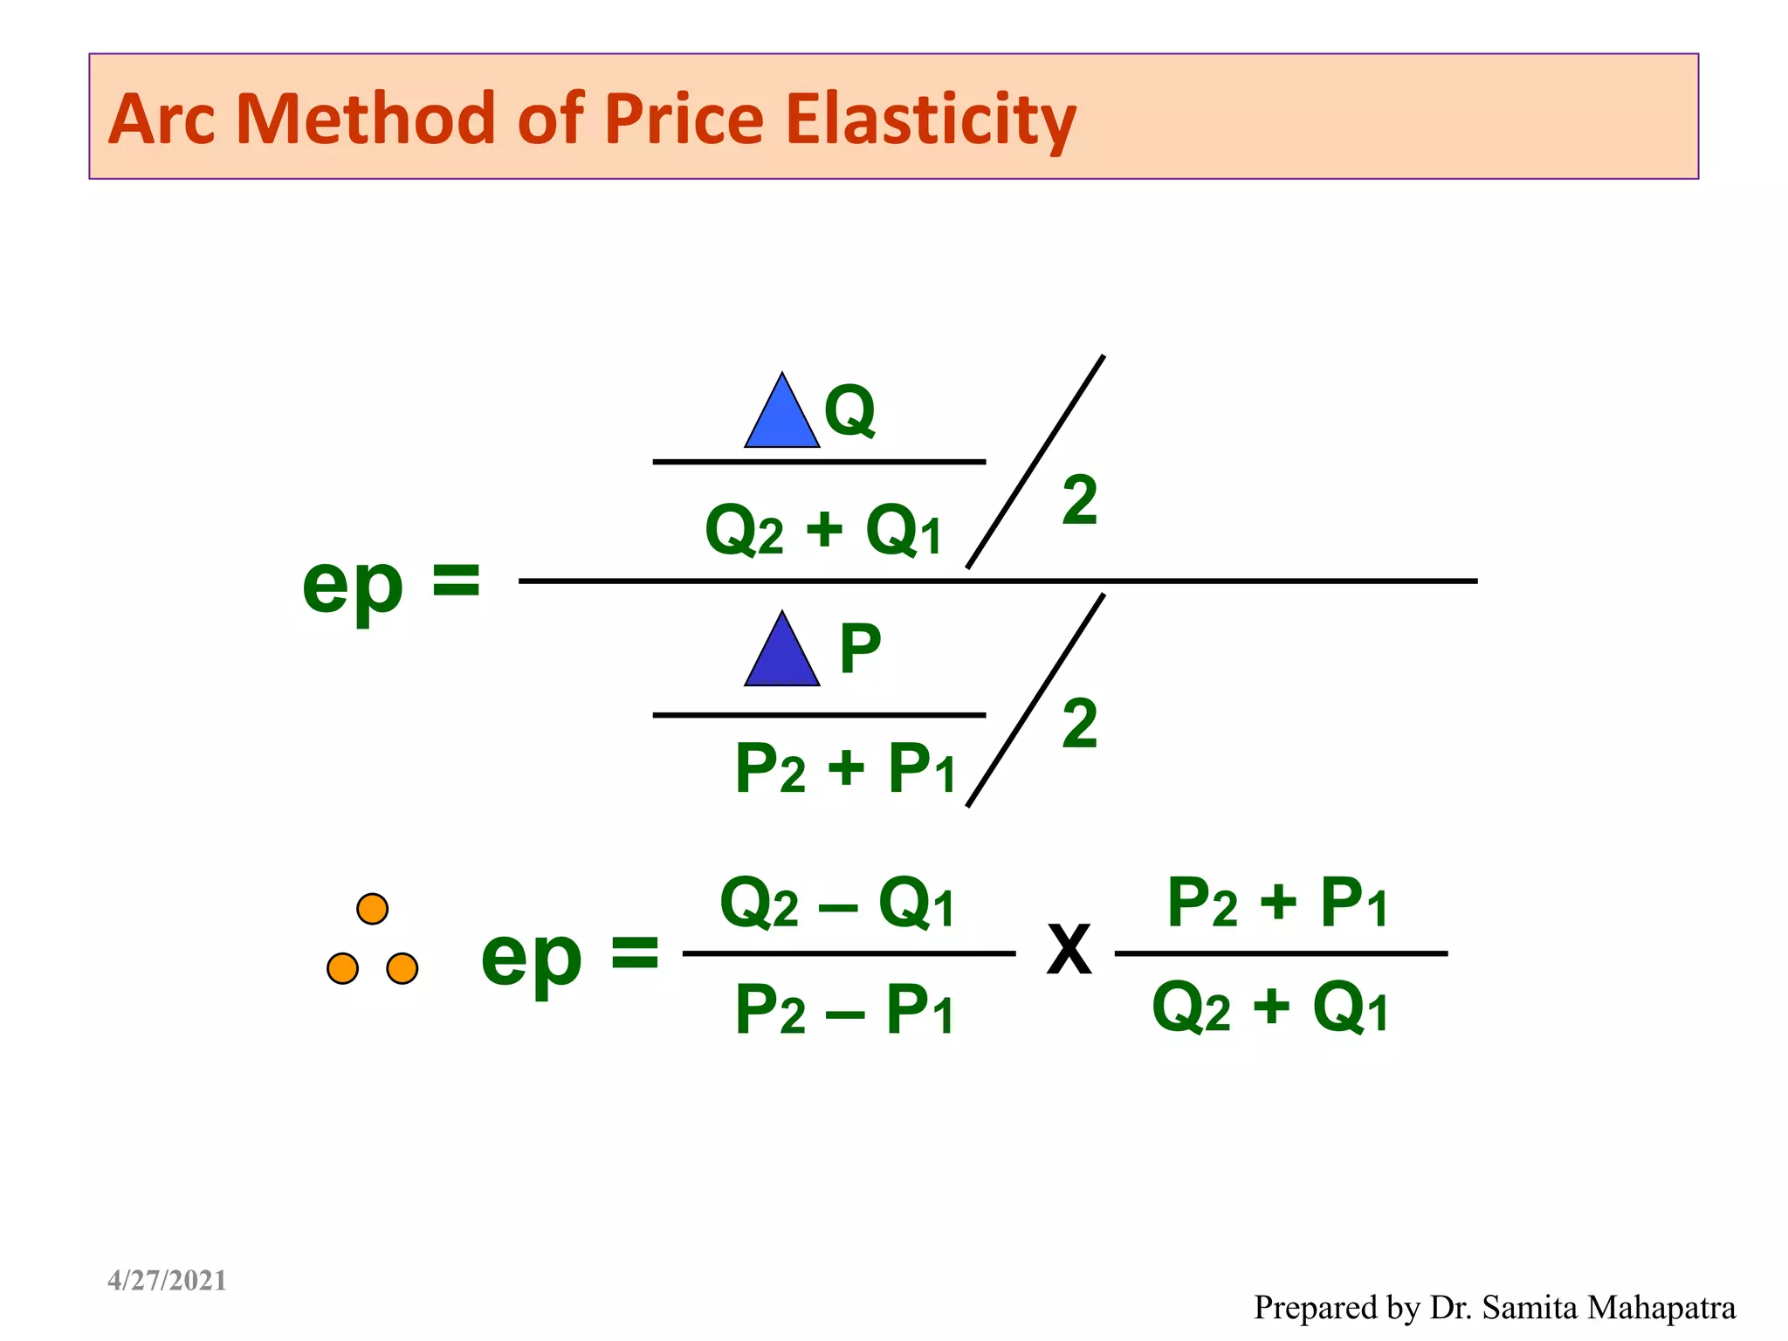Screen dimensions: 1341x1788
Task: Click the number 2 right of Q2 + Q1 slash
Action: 1080,501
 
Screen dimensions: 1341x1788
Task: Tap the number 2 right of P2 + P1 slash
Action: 1080,724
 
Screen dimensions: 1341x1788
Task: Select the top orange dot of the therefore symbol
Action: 373,909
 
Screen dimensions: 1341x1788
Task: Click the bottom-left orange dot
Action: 342,968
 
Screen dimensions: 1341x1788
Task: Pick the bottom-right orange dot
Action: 402,968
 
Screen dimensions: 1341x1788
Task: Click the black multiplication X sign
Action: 1069,950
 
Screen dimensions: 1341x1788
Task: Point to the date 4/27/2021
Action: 167,1281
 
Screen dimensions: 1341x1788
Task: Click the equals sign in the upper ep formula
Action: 457,581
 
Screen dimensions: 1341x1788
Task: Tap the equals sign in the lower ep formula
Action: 635,952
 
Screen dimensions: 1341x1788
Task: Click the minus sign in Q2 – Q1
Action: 838,910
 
